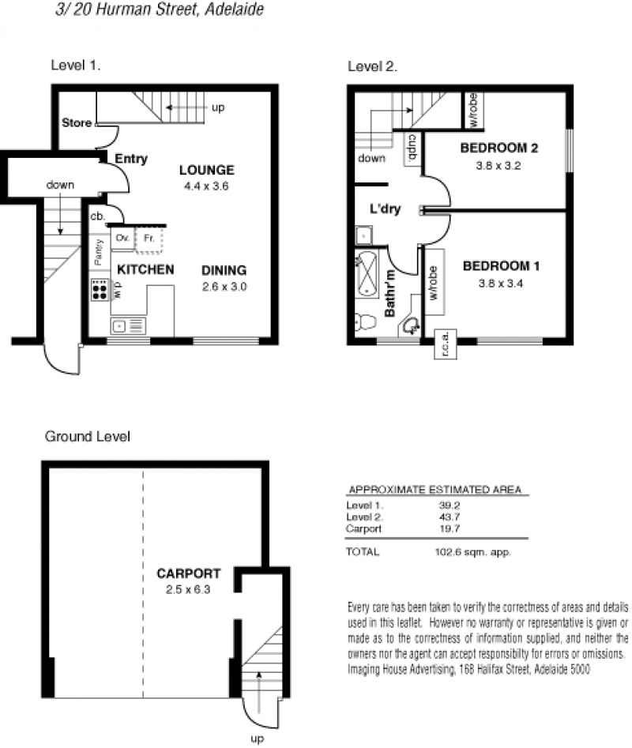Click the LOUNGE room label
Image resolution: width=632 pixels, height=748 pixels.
click(206, 171)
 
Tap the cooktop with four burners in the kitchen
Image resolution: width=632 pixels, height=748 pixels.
click(100, 290)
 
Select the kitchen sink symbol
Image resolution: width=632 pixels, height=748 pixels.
click(128, 326)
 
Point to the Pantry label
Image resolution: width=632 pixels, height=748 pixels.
click(99, 252)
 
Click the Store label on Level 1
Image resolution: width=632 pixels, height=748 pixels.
click(77, 122)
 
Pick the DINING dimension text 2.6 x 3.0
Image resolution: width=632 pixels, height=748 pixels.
click(224, 287)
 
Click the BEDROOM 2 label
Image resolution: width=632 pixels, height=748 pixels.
click(499, 148)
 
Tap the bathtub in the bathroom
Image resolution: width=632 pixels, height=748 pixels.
click(367, 274)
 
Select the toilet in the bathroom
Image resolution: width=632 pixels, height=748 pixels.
click(365, 322)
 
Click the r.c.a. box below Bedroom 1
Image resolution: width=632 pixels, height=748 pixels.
click(445, 344)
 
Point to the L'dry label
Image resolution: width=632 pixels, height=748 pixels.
click(385, 209)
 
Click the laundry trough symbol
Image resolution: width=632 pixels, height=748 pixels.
click(363, 235)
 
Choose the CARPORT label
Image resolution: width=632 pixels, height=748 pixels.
click(188, 573)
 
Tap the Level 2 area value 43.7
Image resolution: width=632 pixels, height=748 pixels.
click(450, 517)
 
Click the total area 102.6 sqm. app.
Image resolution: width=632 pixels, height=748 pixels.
click(472, 552)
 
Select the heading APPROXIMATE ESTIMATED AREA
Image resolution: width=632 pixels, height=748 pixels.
click(435, 490)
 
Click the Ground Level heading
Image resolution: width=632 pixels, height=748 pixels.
click(87, 437)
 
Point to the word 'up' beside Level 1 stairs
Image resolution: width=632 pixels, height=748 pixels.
click(218, 108)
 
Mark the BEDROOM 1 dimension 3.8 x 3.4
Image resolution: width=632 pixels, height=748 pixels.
click(500, 284)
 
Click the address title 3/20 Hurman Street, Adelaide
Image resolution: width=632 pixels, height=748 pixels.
click(160, 9)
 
